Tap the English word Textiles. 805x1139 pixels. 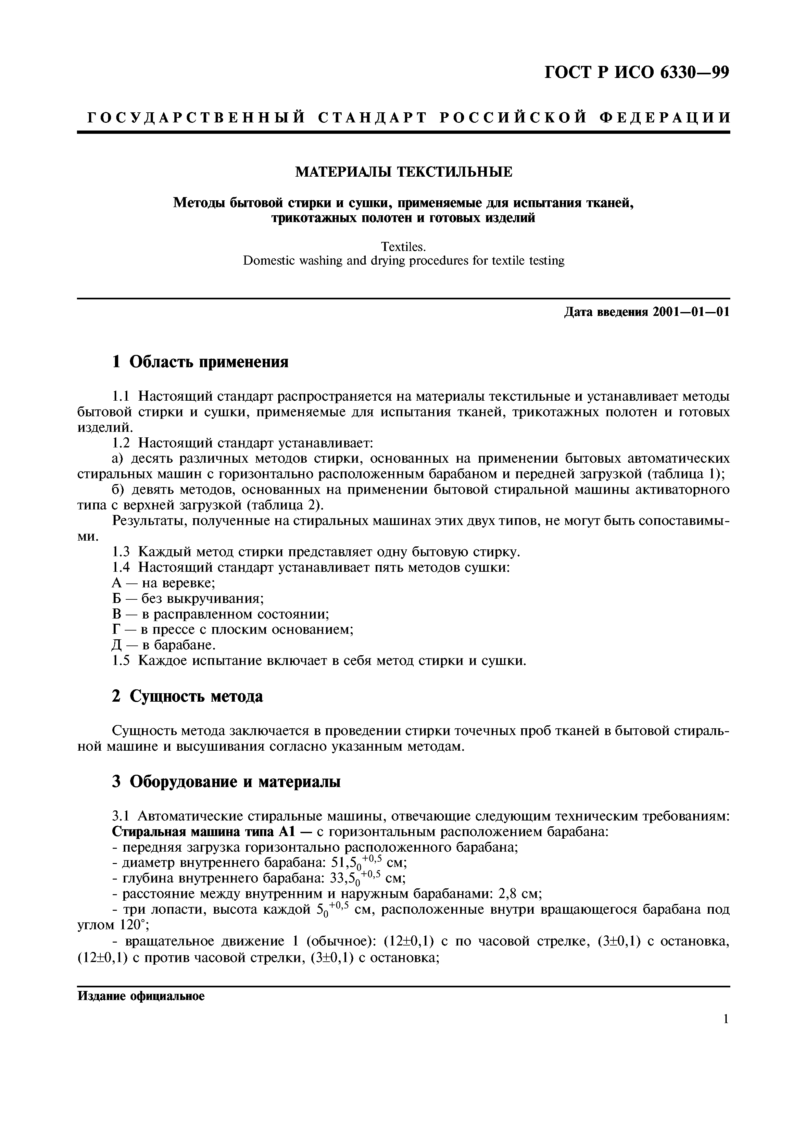[404, 246]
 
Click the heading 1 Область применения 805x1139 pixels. [200, 362]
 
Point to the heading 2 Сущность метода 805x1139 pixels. [187, 696]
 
